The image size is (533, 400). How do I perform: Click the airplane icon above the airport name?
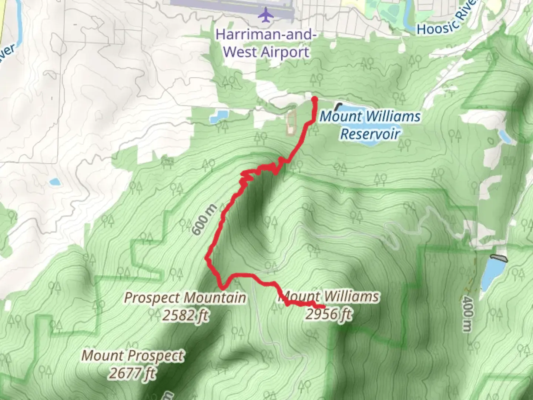pos(266,16)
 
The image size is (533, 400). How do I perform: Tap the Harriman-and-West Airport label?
pos(266,43)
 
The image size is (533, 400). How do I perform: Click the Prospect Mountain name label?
pos(185,297)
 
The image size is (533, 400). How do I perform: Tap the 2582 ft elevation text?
pos(185,315)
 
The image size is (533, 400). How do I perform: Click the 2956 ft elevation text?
pos(328,314)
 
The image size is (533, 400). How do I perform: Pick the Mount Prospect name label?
pos(133,356)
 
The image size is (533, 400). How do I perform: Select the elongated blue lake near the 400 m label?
pos(492,274)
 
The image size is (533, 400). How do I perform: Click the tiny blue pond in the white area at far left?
pos(54,181)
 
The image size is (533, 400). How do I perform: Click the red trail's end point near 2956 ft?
pos(324,307)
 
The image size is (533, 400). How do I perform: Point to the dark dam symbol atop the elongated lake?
pos(499,257)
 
